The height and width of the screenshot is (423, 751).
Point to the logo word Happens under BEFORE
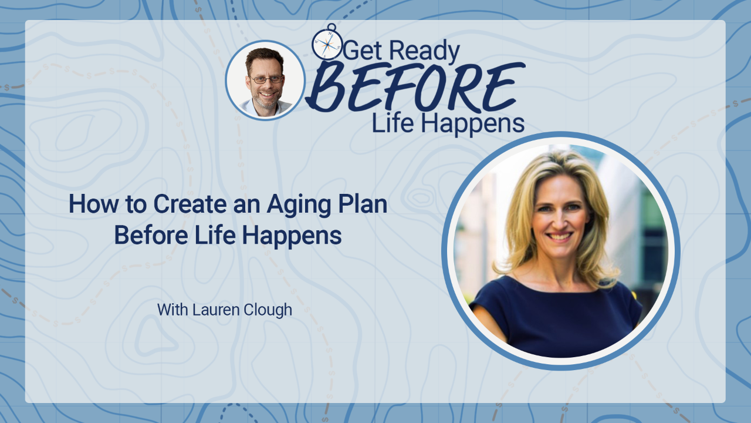pos(473,124)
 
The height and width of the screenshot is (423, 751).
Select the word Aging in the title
pos(299,205)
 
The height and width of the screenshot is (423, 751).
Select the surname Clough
pos(268,310)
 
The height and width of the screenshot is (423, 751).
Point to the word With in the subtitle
pos(172,310)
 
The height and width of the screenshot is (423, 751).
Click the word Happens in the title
pos(292,236)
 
